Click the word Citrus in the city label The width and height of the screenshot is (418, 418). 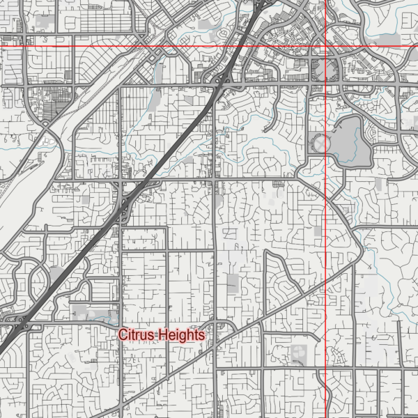(x=137, y=335)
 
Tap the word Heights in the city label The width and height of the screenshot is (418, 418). (x=182, y=335)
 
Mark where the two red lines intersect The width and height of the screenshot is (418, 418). (x=327, y=47)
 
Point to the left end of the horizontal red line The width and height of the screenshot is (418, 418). (x=1, y=47)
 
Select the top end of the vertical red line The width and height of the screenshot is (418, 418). (x=327, y=1)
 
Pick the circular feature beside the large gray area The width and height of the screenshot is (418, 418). (x=320, y=145)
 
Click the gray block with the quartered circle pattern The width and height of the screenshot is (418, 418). (x=300, y=351)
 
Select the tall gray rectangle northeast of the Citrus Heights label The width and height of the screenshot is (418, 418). (x=232, y=284)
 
